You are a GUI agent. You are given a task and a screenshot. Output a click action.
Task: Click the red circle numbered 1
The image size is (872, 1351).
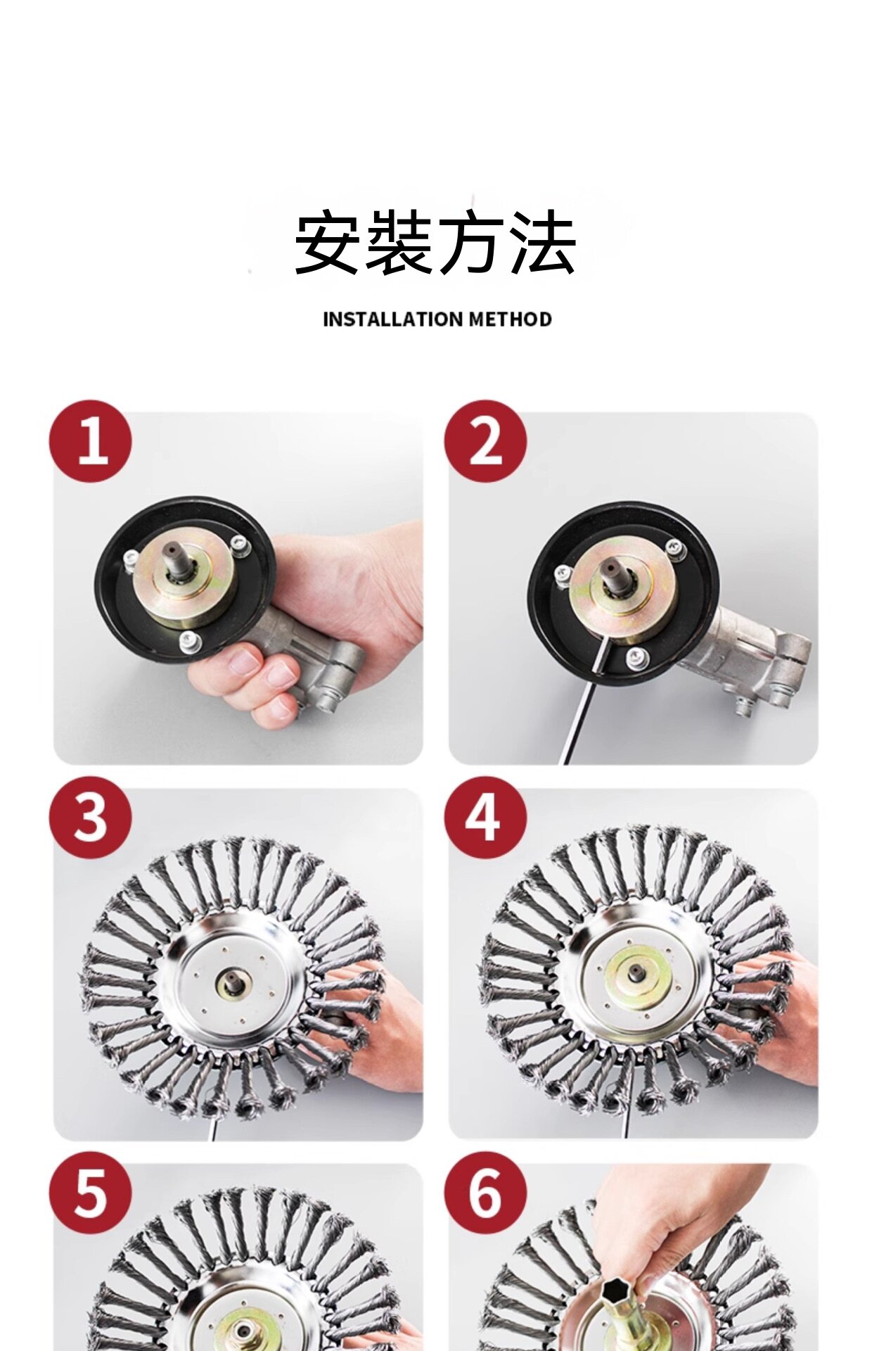(x=91, y=441)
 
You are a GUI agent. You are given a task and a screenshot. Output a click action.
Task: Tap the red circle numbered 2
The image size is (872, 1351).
(x=485, y=441)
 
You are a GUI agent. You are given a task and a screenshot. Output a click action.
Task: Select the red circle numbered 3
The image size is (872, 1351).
(x=91, y=817)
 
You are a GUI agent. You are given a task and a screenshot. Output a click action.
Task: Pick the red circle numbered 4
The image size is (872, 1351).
(x=485, y=817)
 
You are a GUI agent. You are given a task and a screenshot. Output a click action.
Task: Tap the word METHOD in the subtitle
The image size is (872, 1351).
(x=510, y=319)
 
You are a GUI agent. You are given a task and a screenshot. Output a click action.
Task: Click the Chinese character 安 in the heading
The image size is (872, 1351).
(x=328, y=242)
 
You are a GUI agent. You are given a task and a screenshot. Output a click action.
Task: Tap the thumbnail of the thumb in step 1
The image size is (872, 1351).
(x=245, y=661)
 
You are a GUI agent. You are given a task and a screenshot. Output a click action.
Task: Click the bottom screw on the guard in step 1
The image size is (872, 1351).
(x=188, y=641)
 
